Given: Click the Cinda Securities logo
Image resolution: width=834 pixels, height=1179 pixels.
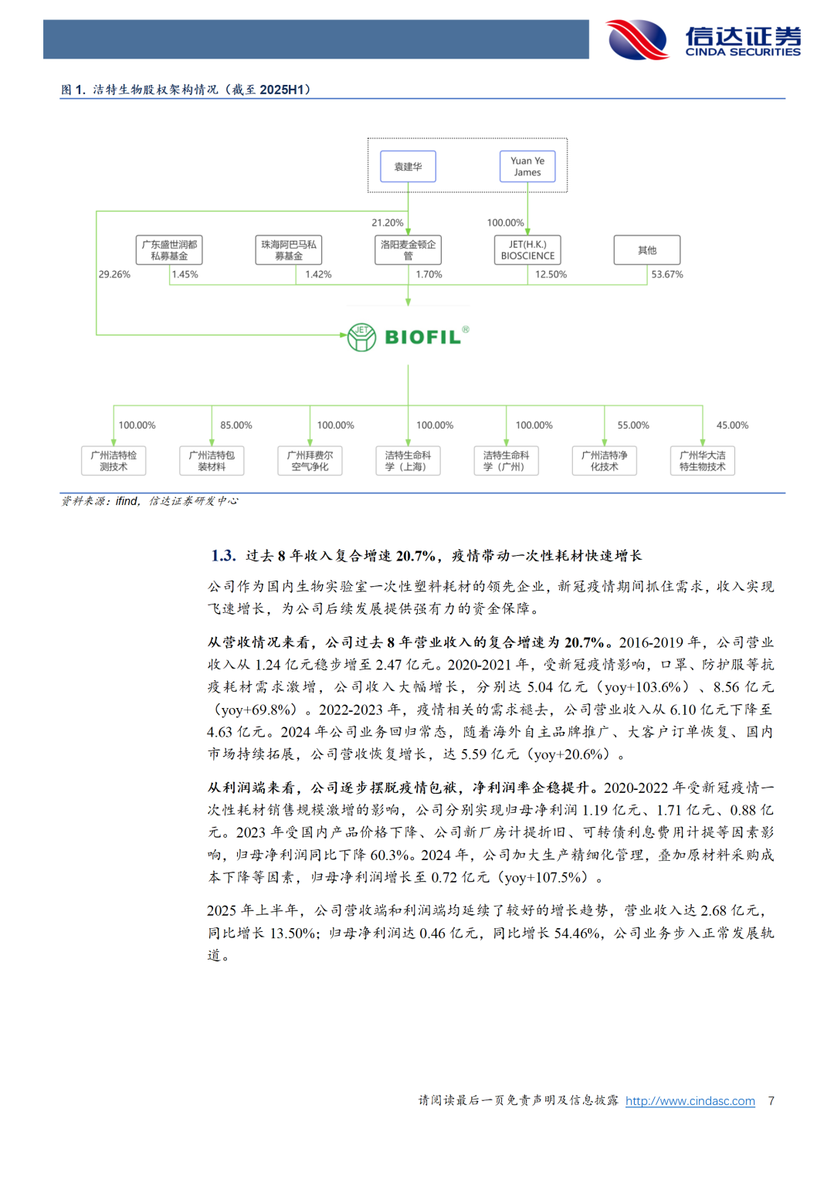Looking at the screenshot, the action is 703,39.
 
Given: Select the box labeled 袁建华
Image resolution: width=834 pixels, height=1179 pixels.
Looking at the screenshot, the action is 408,167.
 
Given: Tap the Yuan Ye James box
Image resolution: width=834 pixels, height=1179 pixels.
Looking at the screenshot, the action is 527,167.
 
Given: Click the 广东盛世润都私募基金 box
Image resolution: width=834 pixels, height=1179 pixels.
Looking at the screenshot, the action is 169,250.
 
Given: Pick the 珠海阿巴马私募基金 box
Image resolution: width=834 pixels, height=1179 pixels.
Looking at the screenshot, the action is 288,250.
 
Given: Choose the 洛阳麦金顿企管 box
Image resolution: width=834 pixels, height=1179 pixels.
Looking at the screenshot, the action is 408,250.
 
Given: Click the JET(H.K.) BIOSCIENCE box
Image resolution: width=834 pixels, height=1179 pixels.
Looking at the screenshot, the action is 527,250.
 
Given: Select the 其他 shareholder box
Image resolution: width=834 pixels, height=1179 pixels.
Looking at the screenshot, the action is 647,250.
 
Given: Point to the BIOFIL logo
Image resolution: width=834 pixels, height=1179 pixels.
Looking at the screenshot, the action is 408,337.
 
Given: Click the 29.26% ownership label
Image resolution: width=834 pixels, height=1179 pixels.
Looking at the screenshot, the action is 114,274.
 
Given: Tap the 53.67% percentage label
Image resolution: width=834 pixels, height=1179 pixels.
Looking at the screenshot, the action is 667,274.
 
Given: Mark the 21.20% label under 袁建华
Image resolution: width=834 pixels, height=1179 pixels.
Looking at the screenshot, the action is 388,222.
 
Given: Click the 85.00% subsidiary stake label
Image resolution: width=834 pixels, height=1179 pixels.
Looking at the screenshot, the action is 236,425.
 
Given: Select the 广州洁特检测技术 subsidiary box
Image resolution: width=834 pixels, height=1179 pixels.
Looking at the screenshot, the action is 114,461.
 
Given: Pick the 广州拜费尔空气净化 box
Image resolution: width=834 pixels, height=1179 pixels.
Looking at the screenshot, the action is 310,461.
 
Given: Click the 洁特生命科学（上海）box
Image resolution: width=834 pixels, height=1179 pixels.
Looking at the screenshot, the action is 408,461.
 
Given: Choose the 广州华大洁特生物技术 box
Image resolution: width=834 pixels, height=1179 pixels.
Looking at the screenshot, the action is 702,461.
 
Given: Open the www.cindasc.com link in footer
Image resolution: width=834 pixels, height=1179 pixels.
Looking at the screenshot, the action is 690,1101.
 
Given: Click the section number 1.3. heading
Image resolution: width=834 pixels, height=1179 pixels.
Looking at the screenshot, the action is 223,556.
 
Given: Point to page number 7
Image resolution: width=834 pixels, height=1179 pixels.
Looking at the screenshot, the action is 771,1101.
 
